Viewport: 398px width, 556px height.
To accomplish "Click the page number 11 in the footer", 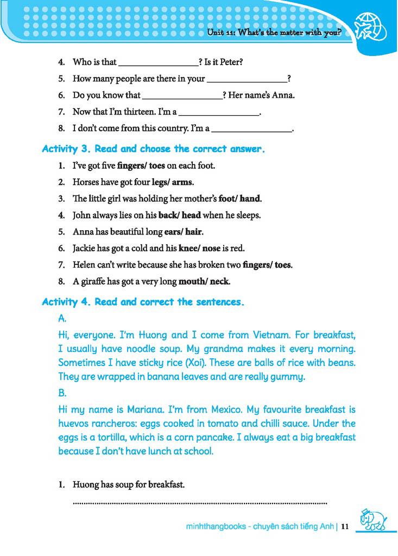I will point(344,526).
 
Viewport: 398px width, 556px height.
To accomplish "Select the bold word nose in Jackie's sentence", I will point(211,248).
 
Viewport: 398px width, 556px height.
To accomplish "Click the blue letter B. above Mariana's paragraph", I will point(62,393).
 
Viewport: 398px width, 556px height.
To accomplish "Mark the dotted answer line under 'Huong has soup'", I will point(200,503).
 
